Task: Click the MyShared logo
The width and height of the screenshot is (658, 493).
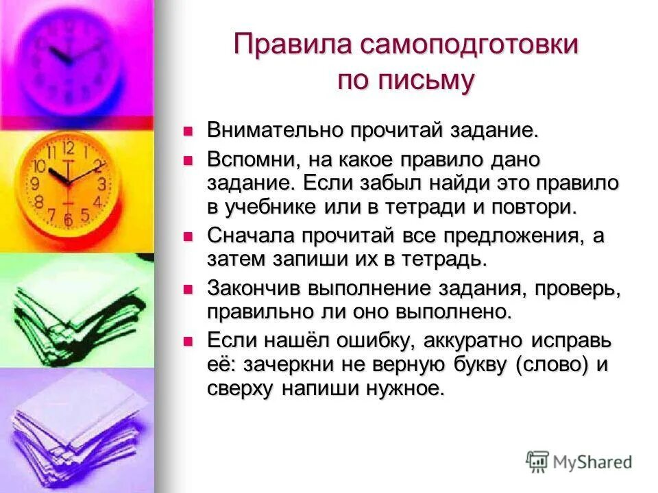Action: (579, 462)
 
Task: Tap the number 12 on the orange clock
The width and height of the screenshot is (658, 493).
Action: (68, 147)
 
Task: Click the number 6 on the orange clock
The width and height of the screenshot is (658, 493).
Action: (67, 220)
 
